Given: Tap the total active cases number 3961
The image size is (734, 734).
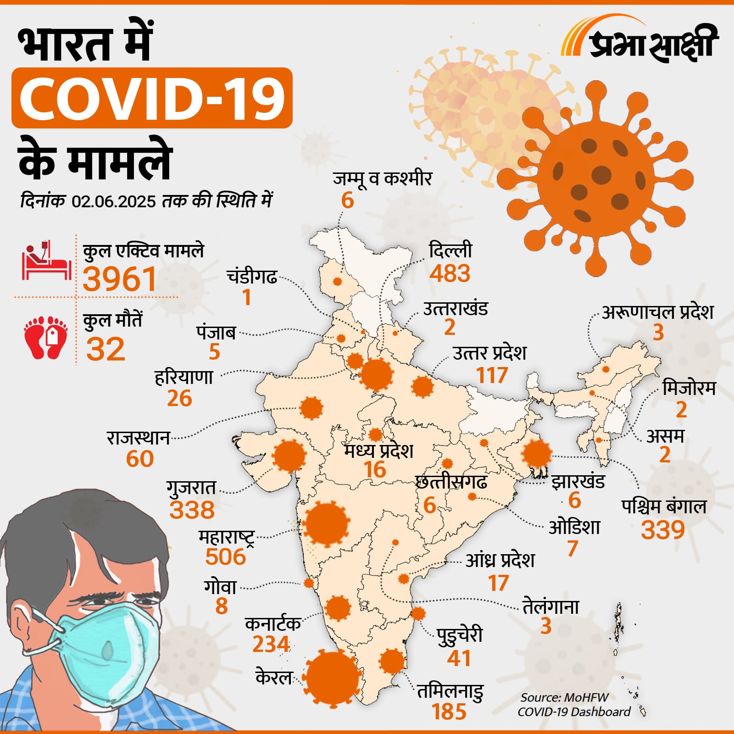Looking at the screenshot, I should [120, 279].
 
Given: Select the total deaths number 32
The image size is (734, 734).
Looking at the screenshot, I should [106, 349].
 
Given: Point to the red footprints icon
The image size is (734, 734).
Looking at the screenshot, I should [45, 337].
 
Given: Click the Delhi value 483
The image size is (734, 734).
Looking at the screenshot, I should [450, 273].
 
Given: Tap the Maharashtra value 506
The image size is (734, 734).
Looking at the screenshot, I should [225, 556].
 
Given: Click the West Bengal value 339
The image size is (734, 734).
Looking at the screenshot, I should [662, 530].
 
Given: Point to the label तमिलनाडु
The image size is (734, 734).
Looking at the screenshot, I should [450, 691].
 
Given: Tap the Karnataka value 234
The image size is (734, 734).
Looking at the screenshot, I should [271, 644].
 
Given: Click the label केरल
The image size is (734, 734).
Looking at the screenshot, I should [273, 678].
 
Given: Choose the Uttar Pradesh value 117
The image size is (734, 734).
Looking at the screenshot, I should [492, 375].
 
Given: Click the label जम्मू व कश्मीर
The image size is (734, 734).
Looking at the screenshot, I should [382, 178].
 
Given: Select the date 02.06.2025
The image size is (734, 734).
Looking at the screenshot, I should [114, 201].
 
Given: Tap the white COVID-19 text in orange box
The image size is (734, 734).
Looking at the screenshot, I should [152, 98].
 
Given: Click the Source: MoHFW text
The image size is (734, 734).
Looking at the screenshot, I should [564, 698].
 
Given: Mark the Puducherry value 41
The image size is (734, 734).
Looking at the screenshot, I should [459, 658].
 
